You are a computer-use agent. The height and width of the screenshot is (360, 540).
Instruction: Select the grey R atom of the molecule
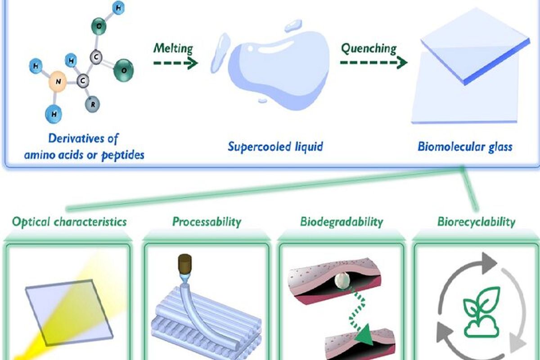click(x=93, y=104)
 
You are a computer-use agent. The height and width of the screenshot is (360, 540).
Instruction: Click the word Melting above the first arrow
click(x=173, y=48)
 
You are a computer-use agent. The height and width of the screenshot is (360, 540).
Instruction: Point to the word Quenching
click(x=369, y=48)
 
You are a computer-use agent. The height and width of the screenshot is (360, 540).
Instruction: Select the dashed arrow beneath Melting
click(x=175, y=63)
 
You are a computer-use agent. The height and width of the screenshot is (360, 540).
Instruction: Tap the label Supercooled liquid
click(x=275, y=147)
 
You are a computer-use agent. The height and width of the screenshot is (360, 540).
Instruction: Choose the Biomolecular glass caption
click(x=465, y=147)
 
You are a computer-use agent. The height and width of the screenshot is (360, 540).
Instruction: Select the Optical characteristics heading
click(x=69, y=221)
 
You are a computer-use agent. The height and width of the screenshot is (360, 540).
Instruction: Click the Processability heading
click(x=207, y=221)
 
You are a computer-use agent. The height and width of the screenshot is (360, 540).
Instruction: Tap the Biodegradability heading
click(x=342, y=221)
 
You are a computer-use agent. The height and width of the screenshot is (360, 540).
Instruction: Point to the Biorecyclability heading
click(x=476, y=221)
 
